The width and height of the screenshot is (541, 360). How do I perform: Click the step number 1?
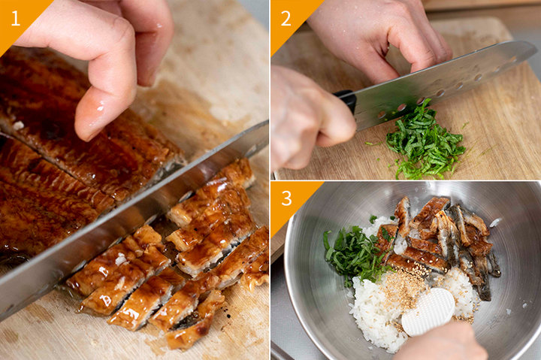pos(16,18)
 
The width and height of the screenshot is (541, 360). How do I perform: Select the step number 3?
pos(286,198)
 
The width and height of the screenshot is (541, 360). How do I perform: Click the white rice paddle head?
pos(428,312)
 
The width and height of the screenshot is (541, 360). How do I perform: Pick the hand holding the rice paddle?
pos(445,342)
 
